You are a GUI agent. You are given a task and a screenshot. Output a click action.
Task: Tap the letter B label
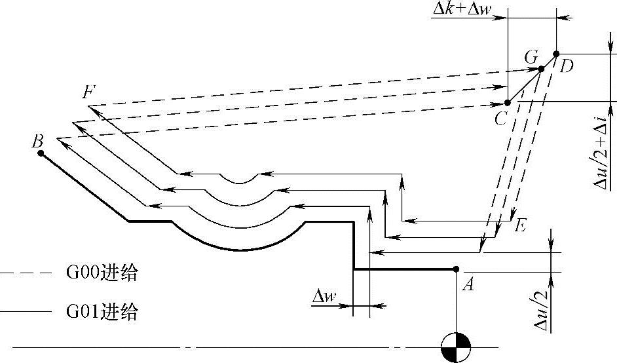(x=38, y=140)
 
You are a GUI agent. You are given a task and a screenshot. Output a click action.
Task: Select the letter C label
(x=501, y=118)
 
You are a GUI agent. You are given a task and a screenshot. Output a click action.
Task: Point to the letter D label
(x=567, y=66)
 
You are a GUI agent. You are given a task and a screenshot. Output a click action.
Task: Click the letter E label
(x=521, y=227)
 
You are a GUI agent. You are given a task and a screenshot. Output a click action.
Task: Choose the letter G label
(x=531, y=58)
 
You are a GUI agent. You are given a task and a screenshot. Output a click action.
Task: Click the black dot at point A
(x=456, y=269)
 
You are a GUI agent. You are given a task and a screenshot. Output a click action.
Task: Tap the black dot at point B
(x=41, y=153)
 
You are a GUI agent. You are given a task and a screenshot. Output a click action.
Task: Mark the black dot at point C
(x=508, y=103)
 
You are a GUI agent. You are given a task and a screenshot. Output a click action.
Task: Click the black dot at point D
(x=555, y=54)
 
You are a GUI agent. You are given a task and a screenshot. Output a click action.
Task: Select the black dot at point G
(x=541, y=68)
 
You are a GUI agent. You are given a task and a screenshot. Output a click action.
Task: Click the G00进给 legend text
(x=102, y=273)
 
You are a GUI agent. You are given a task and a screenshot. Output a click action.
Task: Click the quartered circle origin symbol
(x=455, y=346)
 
